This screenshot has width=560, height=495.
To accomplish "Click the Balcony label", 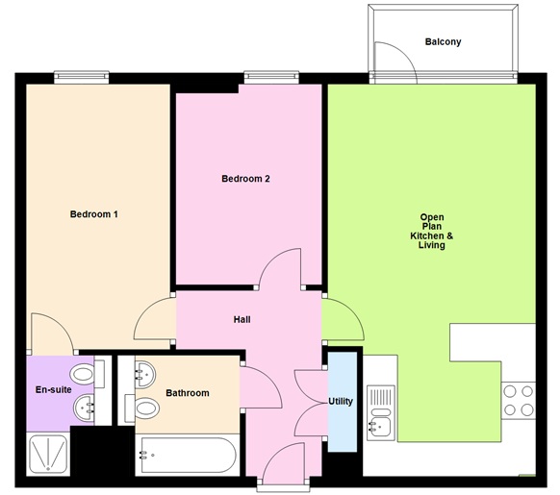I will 444,42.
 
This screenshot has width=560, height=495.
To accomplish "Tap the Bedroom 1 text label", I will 94,213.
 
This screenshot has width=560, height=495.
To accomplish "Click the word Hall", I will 242,319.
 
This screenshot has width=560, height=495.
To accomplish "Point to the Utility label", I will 341,401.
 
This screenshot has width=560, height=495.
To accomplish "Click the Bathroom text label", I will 187,393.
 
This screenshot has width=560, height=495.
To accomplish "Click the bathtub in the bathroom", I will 187,454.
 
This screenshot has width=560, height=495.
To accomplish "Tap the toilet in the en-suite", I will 83,373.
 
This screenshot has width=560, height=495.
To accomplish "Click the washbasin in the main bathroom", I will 144,372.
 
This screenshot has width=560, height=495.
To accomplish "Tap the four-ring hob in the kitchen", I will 518,400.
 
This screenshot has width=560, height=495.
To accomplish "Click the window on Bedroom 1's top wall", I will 81,78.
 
